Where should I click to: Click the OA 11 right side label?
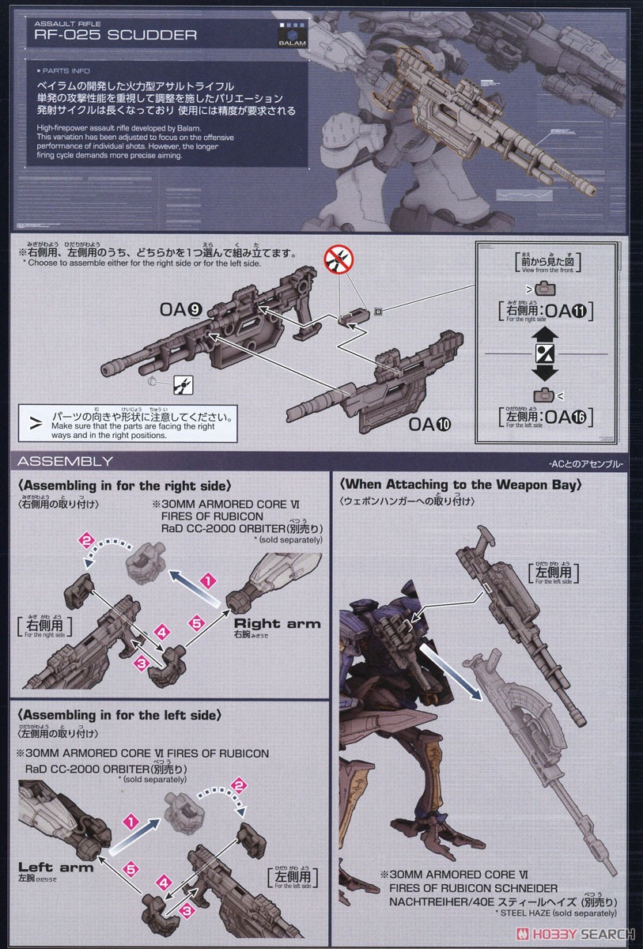click(543, 310)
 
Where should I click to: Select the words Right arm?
click(278, 624)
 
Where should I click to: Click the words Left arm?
click(56, 868)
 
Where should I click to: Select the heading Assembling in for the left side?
click(118, 715)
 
